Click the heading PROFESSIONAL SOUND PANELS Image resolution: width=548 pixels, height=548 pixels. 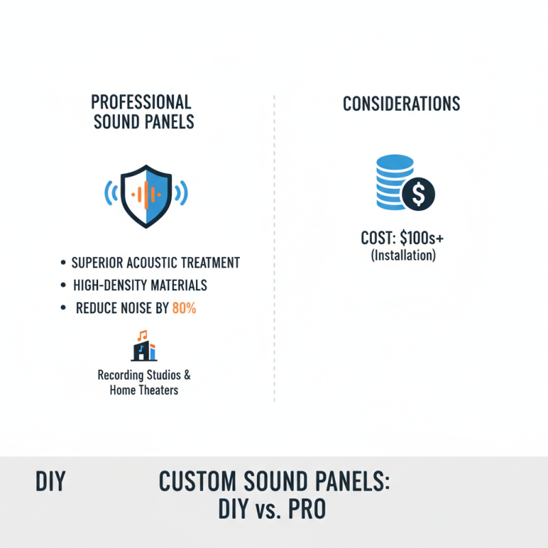(142, 112)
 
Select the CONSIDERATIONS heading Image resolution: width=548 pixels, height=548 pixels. (401, 104)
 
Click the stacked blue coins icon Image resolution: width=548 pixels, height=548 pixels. (395, 182)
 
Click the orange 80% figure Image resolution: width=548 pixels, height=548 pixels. (184, 308)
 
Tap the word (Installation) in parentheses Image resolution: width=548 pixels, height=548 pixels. (403, 256)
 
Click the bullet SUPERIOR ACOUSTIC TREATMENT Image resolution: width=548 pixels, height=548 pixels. (155, 262)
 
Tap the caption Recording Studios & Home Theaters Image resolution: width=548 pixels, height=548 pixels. (144, 382)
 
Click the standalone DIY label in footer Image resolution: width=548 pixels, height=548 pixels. (50, 482)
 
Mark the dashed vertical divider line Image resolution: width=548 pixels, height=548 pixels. (274, 247)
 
